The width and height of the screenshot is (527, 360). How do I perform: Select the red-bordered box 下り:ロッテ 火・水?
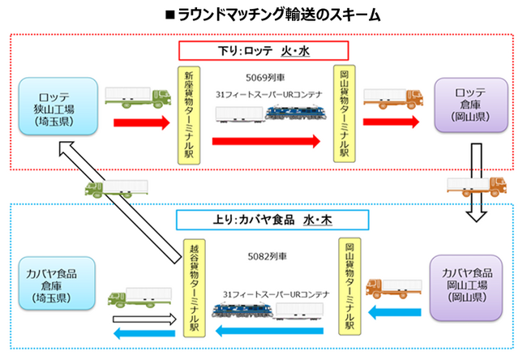(263, 51)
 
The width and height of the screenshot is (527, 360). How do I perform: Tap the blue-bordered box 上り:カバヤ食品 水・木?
(263, 219)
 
